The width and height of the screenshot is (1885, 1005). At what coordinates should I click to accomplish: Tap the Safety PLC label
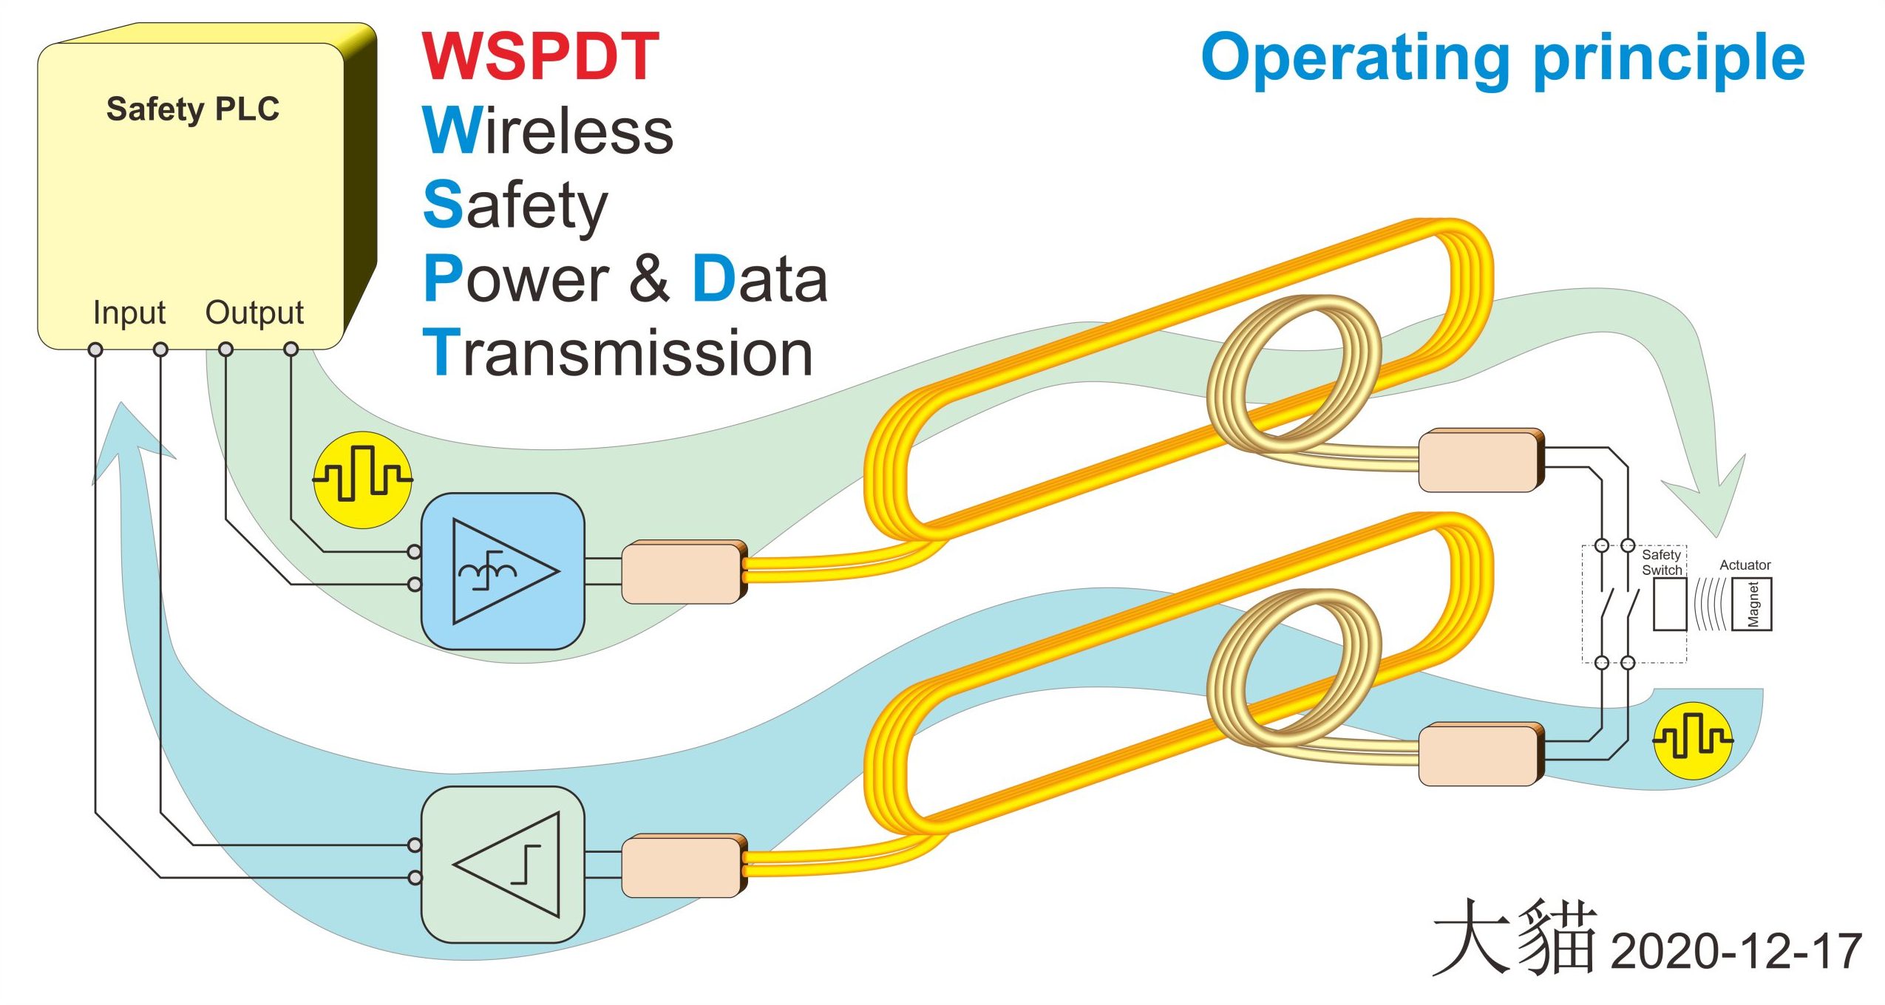[x=192, y=109]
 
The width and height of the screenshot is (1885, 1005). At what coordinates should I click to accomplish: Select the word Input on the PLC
[x=129, y=313]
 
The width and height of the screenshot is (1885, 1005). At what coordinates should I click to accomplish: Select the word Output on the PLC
[x=254, y=313]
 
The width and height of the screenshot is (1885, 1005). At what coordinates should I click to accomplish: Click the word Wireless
[x=548, y=131]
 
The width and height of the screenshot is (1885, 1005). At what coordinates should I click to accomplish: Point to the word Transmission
[x=618, y=353]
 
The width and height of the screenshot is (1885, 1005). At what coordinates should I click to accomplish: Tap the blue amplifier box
[x=503, y=571]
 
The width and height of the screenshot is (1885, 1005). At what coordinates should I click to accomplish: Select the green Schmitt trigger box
[x=503, y=865]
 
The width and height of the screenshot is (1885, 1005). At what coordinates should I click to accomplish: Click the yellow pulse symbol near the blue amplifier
[x=362, y=480]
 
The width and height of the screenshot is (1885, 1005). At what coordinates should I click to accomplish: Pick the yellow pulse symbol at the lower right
[x=1693, y=740]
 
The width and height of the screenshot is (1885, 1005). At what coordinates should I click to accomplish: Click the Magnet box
[x=1752, y=604]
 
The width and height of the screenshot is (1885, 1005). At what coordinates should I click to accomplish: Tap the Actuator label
[x=1745, y=565]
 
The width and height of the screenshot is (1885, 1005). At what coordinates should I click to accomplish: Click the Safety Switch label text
[x=1661, y=562]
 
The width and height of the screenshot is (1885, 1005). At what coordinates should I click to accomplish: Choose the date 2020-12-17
[x=1736, y=951]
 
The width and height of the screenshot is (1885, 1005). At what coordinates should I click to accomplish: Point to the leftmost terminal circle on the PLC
[x=95, y=350]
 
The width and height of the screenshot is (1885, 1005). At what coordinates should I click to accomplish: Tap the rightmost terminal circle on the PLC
[x=291, y=349]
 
